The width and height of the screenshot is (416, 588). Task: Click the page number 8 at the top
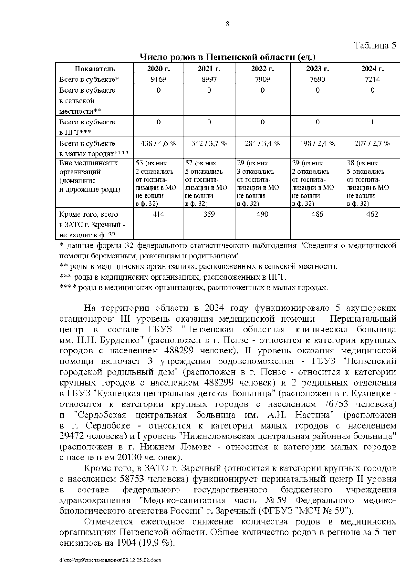pyautogui.click(x=228, y=24)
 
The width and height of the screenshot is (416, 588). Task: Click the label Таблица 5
pyautogui.click(x=375, y=45)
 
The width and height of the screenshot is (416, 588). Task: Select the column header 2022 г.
pyautogui.click(x=262, y=68)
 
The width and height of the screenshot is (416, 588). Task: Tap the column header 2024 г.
pyautogui.click(x=372, y=68)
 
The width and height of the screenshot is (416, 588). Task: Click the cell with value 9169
pyautogui.click(x=158, y=79)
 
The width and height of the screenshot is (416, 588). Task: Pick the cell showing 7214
pyautogui.click(x=372, y=79)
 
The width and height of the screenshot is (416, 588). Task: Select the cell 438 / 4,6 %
pyautogui.click(x=158, y=143)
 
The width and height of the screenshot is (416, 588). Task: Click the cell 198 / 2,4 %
pyautogui.click(x=317, y=143)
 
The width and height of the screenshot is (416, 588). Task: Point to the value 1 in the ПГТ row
pyautogui.click(x=372, y=122)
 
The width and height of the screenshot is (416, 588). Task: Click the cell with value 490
pyautogui.click(x=262, y=214)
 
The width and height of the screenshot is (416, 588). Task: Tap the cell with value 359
pyautogui.click(x=209, y=214)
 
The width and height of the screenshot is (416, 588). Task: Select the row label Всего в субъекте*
pyautogui.click(x=89, y=79)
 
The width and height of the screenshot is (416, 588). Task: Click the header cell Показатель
pyautogui.click(x=95, y=68)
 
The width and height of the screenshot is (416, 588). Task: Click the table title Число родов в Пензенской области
pyautogui.click(x=227, y=57)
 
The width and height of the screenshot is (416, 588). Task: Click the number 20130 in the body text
pyautogui.click(x=131, y=457)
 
